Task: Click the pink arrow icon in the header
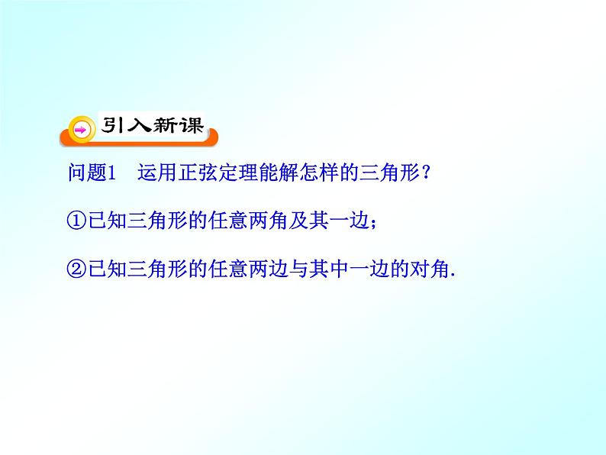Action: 79,131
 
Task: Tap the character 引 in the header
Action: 111,126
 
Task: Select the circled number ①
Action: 76,221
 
